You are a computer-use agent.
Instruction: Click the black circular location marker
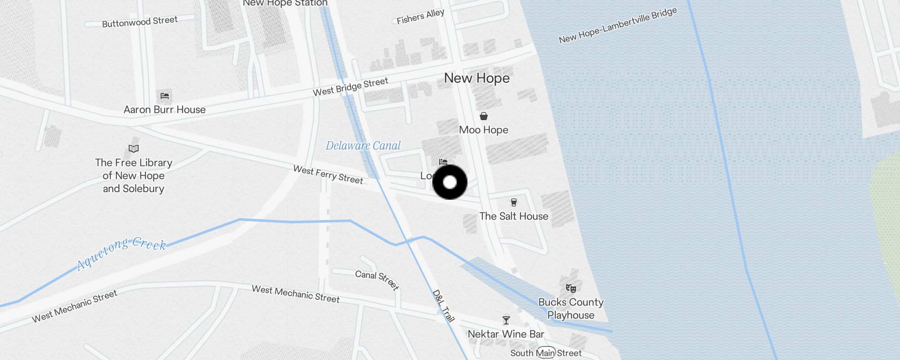click(x=450, y=182)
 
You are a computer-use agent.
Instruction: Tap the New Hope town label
click(x=477, y=78)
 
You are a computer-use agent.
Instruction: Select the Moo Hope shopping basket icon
click(x=484, y=116)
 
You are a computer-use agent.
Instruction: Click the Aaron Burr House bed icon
click(x=165, y=95)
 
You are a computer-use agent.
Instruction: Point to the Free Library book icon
click(x=134, y=148)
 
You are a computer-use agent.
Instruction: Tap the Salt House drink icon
click(x=513, y=202)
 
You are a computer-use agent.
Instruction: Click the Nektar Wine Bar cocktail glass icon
click(x=506, y=320)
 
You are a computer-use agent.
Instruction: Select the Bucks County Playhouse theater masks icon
click(x=571, y=288)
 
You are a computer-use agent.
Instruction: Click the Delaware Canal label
click(x=363, y=146)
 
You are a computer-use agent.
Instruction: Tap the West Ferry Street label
click(x=328, y=175)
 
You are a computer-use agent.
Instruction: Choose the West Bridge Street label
click(x=350, y=87)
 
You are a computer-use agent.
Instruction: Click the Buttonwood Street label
click(x=139, y=22)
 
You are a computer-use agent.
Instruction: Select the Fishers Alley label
click(x=420, y=16)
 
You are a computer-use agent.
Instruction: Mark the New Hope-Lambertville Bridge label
click(x=617, y=26)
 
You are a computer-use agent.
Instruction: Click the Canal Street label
click(x=377, y=280)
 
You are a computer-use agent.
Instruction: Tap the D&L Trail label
click(x=443, y=306)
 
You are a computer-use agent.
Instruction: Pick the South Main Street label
click(x=546, y=353)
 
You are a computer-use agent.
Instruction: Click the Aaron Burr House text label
click(x=165, y=110)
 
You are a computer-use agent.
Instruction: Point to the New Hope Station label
click(x=285, y=3)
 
